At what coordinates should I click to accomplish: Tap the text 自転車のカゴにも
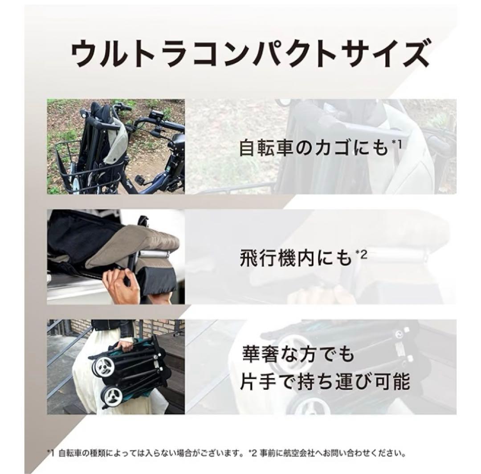coord(314,148)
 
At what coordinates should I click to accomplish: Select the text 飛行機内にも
coord(296,258)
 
